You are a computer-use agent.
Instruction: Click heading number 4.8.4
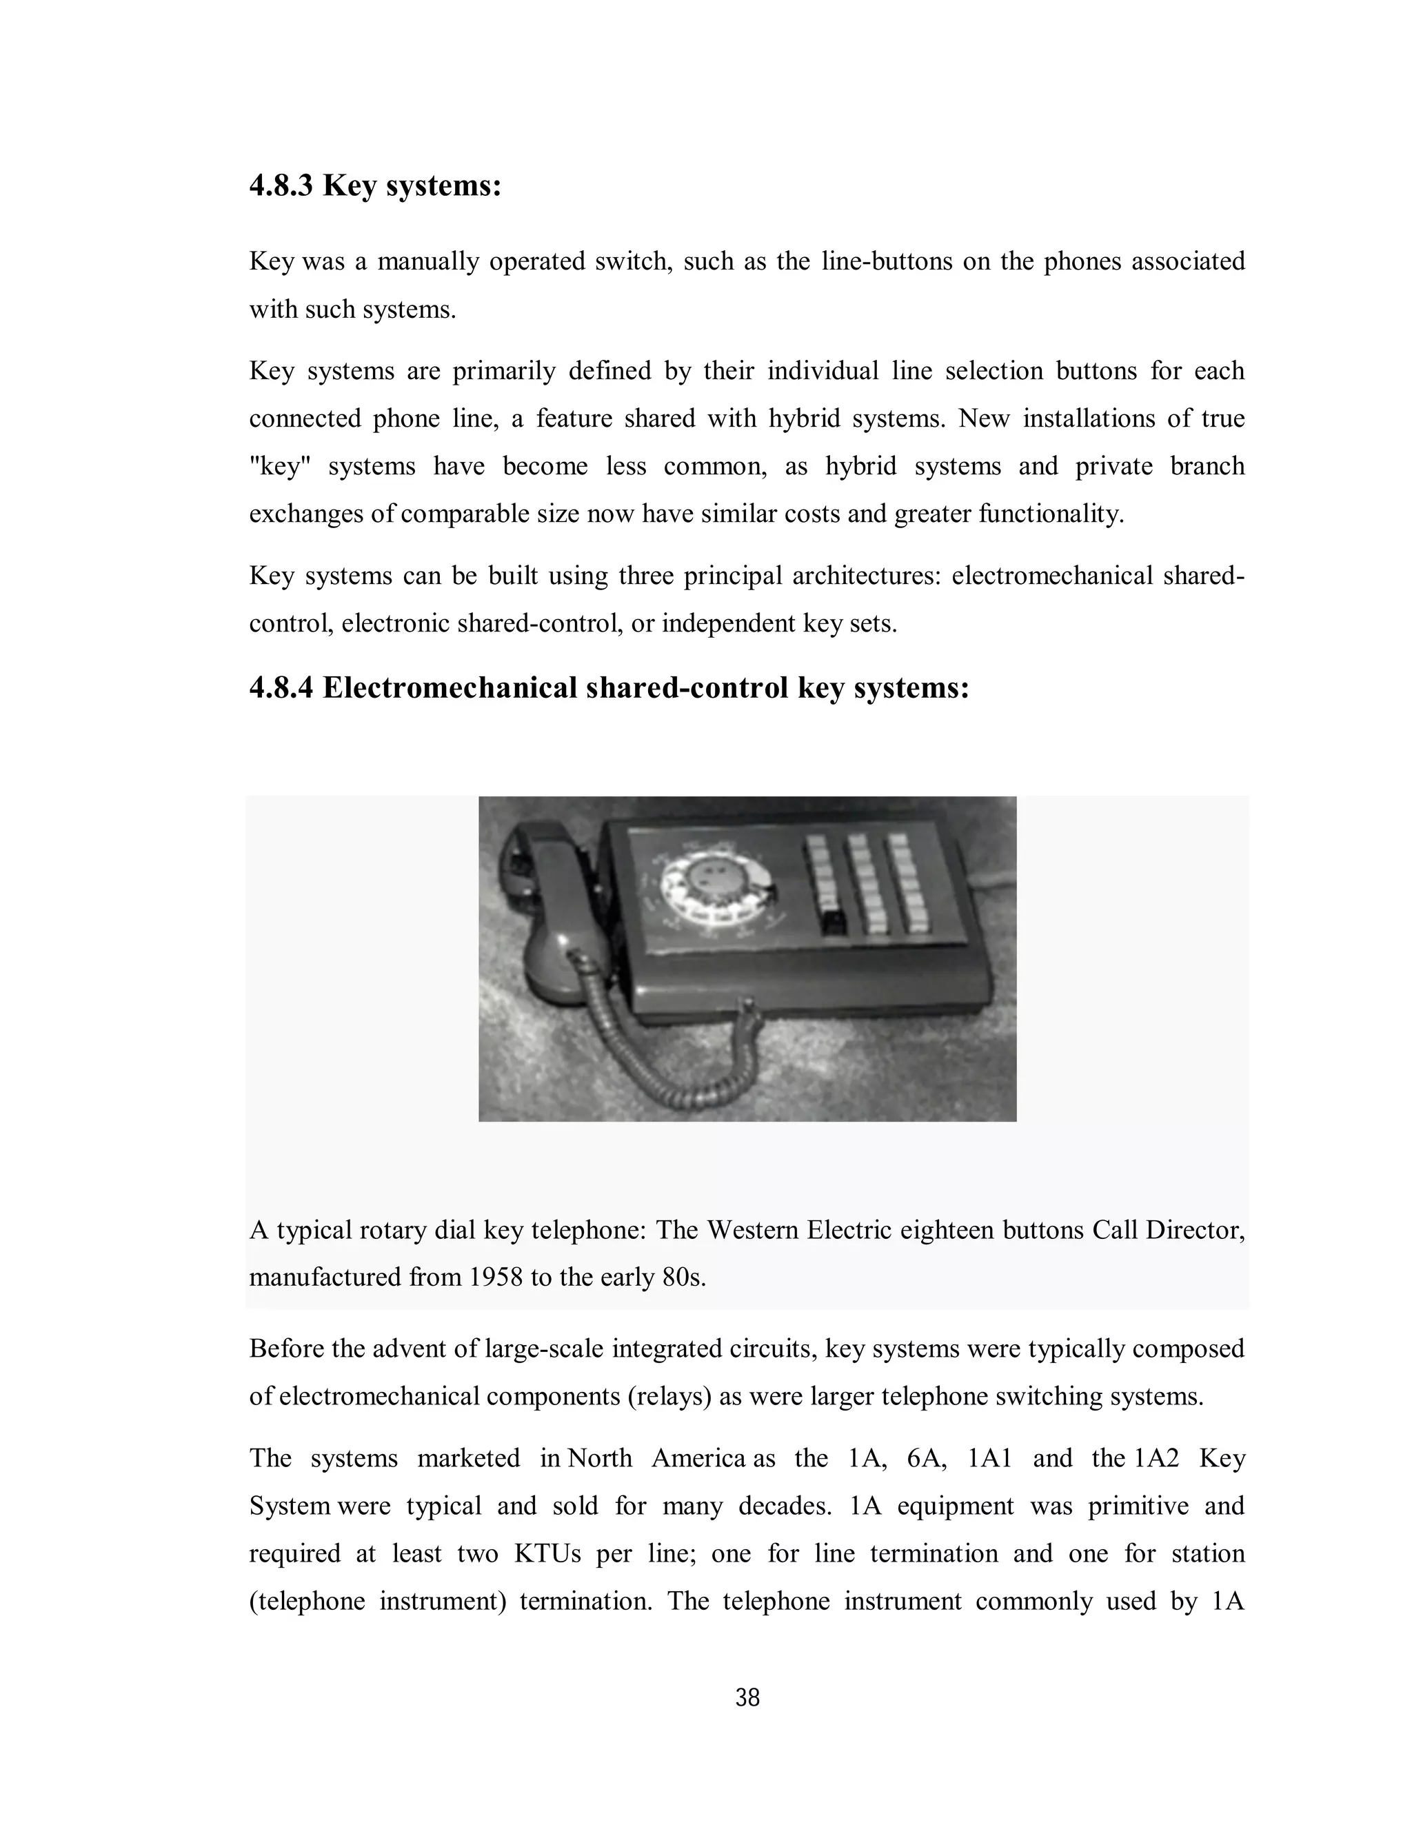tap(281, 689)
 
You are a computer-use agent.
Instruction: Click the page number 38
tap(747, 1699)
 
